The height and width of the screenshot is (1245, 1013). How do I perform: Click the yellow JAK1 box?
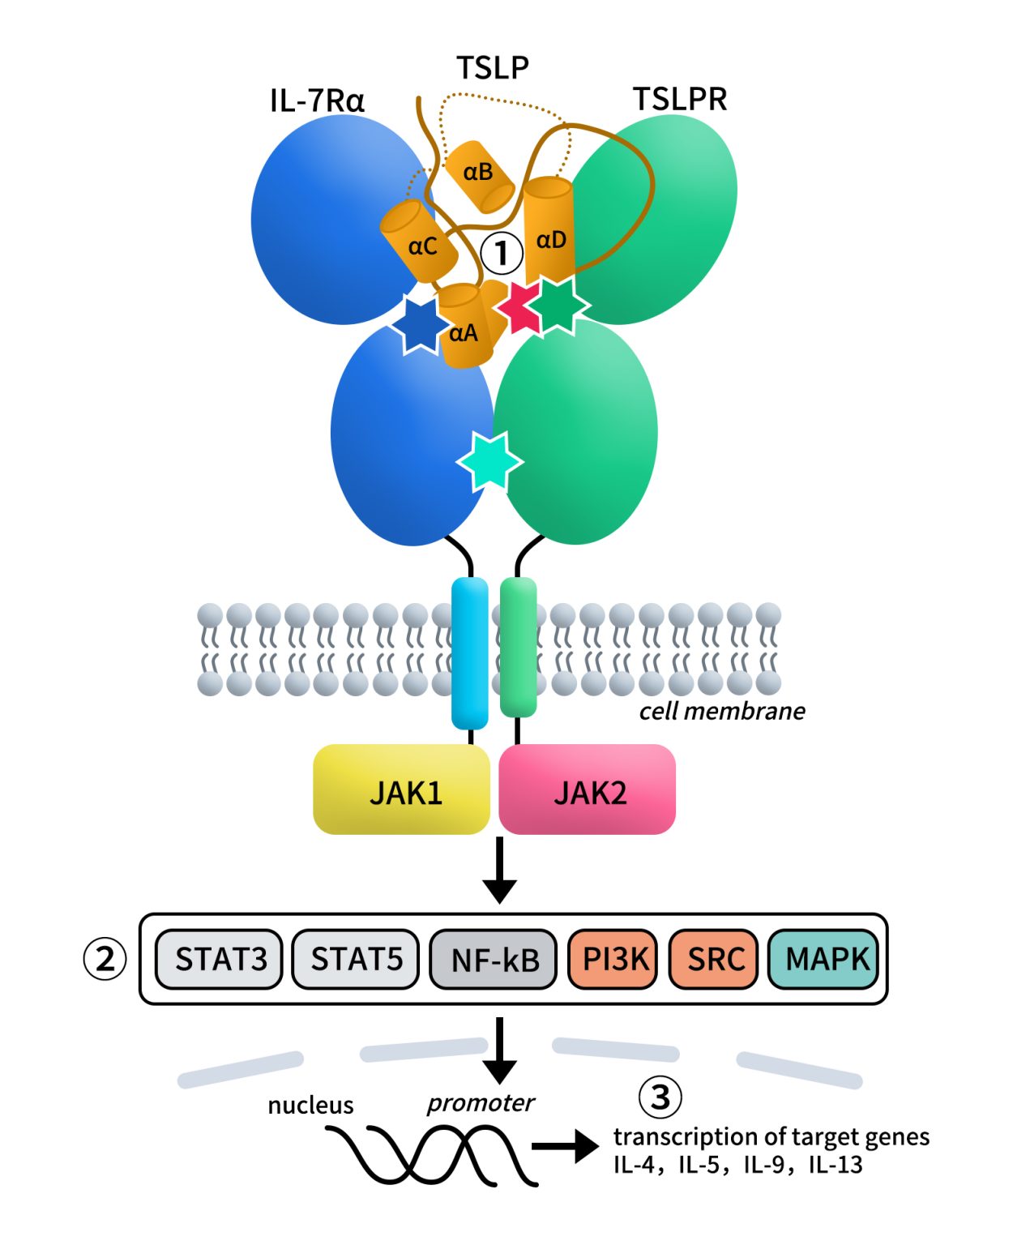point(402,790)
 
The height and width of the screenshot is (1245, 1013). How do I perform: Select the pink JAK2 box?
point(588,790)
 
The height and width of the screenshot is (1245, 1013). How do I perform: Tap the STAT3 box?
point(220,960)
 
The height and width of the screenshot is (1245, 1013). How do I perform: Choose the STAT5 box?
point(356,960)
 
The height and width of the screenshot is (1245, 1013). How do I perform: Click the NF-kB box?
point(494,960)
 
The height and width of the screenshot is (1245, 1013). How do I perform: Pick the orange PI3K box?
point(614,960)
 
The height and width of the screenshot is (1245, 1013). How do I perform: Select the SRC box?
point(714,960)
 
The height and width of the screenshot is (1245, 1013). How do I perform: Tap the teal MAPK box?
point(823,960)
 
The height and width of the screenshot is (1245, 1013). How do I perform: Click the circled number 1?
point(502,253)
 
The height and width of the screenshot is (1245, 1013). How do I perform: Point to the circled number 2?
point(105,960)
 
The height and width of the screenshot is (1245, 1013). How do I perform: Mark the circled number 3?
point(660,1097)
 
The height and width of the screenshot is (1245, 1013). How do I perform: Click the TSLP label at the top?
point(492,67)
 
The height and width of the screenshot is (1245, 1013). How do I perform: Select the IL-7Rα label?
point(317,101)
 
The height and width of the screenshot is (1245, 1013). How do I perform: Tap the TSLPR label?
point(679,99)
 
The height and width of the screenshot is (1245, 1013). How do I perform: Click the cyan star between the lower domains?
point(489,461)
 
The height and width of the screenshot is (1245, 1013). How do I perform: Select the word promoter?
point(481,1103)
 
